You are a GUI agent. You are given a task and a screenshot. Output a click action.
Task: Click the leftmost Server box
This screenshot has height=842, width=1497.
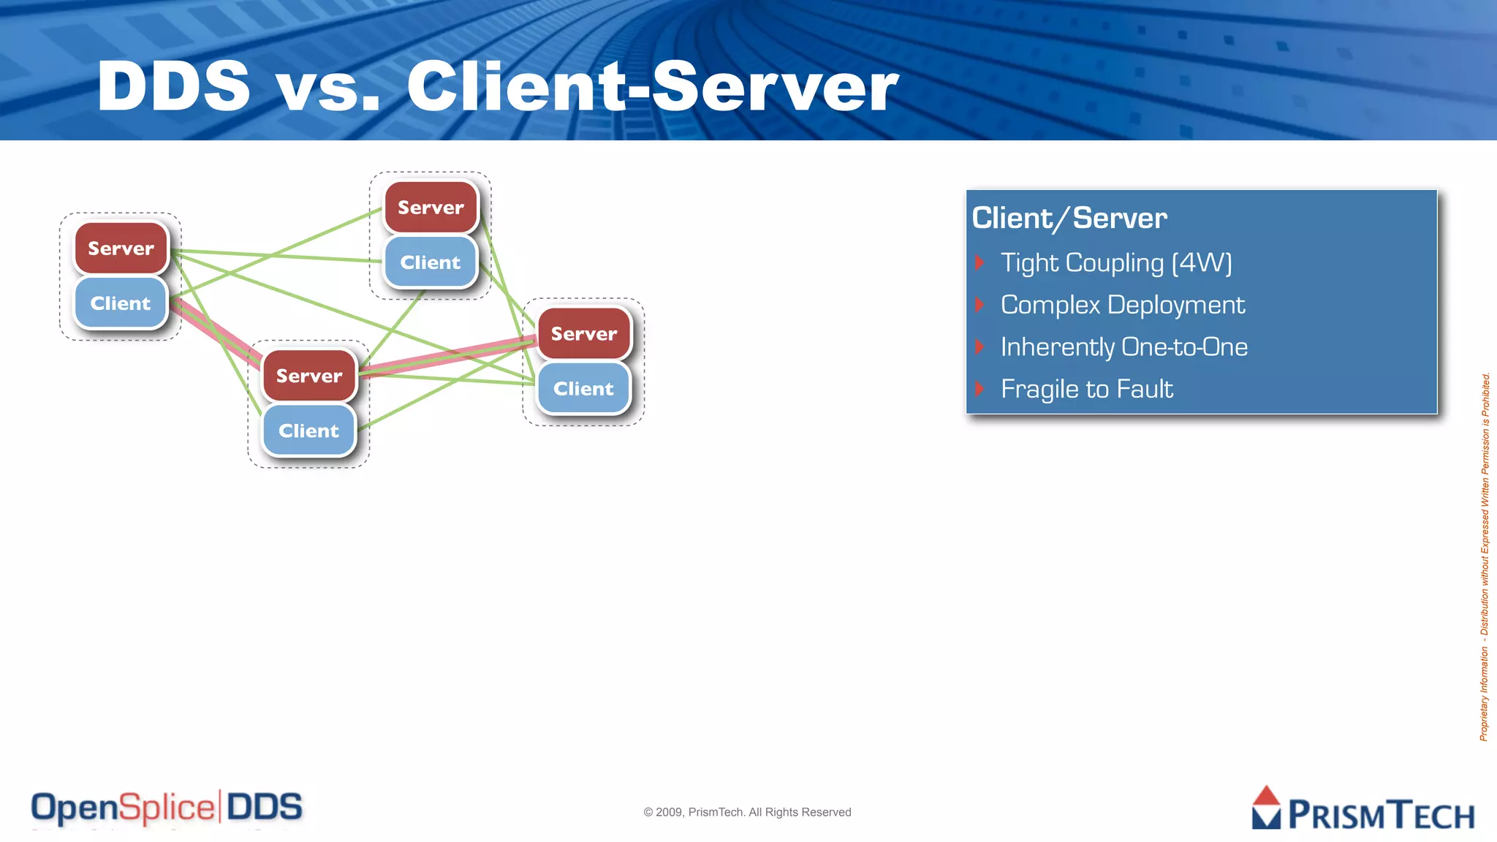click(x=121, y=249)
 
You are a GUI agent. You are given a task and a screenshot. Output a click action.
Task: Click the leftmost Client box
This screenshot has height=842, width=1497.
click(x=121, y=303)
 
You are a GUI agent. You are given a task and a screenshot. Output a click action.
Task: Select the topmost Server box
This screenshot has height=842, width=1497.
click(x=431, y=208)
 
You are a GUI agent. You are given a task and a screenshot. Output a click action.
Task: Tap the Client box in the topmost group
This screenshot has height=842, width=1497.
click(x=431, y=262)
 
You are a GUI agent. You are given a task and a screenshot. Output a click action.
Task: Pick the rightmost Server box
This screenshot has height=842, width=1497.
click(x=584, y=334)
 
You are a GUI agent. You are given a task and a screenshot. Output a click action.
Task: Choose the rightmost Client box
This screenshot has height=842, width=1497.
click(x=583, y=389)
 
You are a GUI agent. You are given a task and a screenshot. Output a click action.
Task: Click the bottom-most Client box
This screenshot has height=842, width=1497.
click(x=308, y=431)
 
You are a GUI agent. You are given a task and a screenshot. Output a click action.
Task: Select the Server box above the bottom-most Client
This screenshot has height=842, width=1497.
click(x=308, y=376)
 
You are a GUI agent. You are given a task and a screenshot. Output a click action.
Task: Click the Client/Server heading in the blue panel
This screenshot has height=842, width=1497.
click(x=1069, y=219)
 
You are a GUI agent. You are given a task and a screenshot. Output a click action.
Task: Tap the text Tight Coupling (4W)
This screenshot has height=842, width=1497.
click(x=1116, y=263)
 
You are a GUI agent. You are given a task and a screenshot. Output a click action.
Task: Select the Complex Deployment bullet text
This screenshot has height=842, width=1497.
click(x=1122, y=305)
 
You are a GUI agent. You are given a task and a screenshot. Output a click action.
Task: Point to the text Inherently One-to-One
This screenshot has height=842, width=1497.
click(x=1123, y=347)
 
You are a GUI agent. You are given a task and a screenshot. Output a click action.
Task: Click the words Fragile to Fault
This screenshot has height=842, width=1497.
click(x=1086, y=389)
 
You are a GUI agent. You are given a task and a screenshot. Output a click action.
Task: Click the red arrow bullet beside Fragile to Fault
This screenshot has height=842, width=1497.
click(x=980, y=389)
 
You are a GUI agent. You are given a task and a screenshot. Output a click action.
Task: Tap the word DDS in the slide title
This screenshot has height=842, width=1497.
click(x=174, y=86)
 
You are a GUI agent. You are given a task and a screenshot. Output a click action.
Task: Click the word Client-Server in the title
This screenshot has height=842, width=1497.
click(x=652, y=86)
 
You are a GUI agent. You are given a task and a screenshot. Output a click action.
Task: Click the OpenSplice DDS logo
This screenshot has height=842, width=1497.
click(x=167, y=808)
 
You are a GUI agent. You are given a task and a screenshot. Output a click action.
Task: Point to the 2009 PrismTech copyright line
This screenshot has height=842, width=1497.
click(x=747, y=812)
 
